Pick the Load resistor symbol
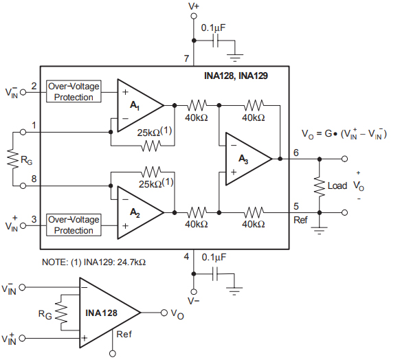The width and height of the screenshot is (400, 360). (319, 185)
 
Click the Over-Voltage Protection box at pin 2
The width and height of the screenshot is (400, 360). (74, 92)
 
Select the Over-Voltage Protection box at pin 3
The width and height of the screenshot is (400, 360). (74, 225)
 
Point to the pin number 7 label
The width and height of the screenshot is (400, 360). (186, 59)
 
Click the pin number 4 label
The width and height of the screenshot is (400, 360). (186, 257)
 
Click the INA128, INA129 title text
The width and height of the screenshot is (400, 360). (236, 76)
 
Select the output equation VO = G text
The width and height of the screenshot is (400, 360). (344, 133)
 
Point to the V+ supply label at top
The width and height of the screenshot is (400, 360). (195, 6)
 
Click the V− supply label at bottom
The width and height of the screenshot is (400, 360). (195, 300)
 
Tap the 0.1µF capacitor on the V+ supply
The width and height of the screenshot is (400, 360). (216, 41)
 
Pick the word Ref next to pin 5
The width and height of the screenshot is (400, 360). (300, 220)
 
